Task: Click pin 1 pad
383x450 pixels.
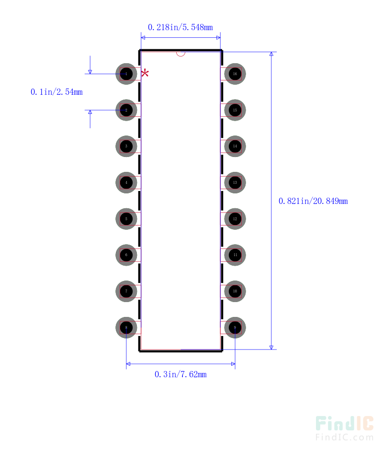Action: [x=126, y=74]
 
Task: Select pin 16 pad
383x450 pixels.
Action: [x=235, y=74]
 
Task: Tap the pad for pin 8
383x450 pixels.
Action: [x=126, y=328]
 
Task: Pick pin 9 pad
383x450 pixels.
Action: [x=235, y=328]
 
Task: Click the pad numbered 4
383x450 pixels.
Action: [x=126, y=182]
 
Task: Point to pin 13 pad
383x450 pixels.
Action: [x=235, y=182]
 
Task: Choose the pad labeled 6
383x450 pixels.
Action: [x=126, y=255]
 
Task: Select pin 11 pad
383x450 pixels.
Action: [x=235, y=255]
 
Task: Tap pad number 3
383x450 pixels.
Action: [x=126, y=146]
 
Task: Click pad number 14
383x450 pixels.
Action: [x=235, y=146]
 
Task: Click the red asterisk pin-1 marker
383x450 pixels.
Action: [x=145, y=73]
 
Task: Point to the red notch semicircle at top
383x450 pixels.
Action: [x=180, y=54]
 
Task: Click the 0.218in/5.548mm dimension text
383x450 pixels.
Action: [x=180, y=27]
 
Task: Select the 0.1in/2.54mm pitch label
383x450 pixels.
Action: [x=56, y=92]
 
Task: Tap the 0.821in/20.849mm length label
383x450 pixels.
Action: [x=313, y=201]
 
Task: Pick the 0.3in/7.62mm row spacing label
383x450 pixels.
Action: [x=180, y=374]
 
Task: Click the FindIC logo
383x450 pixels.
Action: [x=344, y=427]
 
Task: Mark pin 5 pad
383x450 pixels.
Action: [x=126, y=219]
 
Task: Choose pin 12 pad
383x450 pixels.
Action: [x=235, y=219]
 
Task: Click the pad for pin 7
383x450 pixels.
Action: [x=126, y=292]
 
